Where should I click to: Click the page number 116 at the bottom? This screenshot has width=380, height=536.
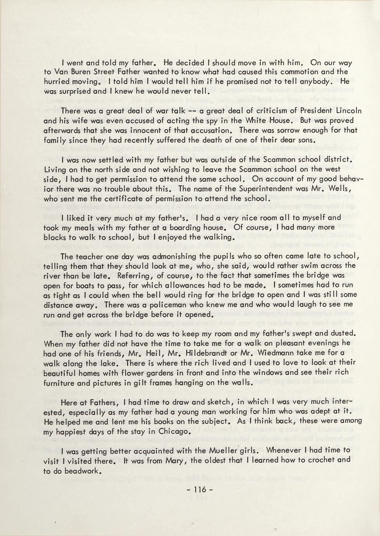(200, 490)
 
